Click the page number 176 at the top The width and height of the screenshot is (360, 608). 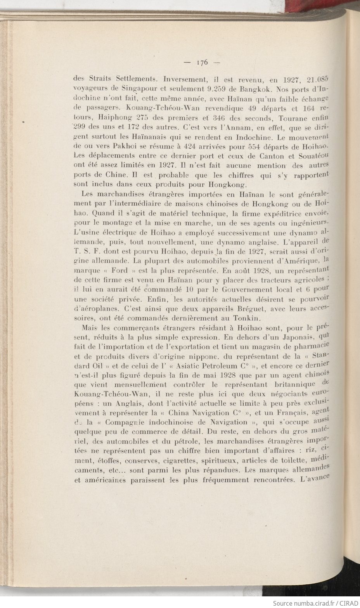point(203,62)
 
